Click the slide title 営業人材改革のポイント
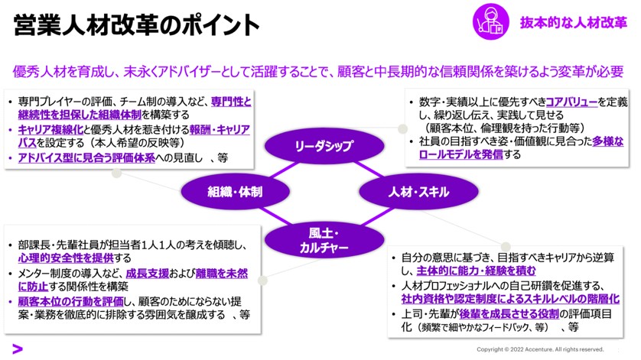[x=137, y=25]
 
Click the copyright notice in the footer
[x=540, y=349]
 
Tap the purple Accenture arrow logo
[x=17, y=349]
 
